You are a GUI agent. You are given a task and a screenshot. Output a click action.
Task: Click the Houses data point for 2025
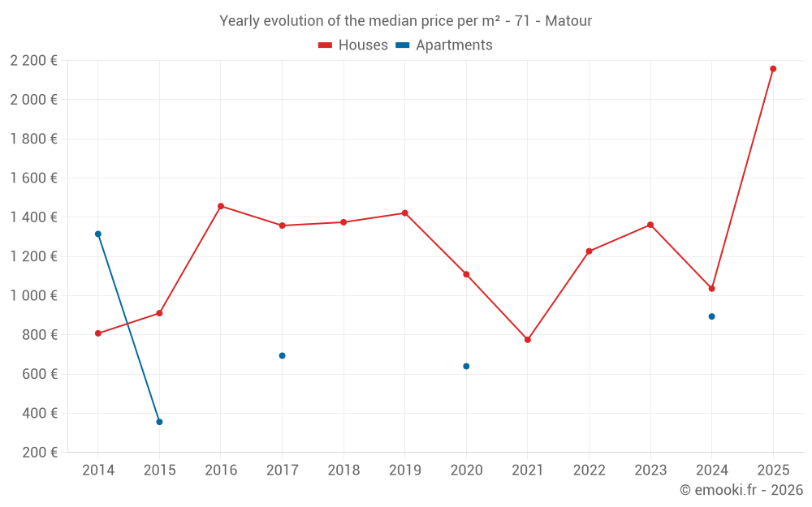[x=773, y=69]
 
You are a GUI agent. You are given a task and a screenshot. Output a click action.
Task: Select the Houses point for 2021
[x=528, y=340]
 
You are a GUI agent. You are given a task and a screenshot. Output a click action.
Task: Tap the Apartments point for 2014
[x=98, y=234]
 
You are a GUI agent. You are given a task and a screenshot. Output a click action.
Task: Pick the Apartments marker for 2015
[x=159, y=422]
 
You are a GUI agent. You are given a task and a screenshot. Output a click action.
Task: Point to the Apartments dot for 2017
[x=283, y=356]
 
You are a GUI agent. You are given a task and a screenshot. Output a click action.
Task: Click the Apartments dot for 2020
[x=466, y=367]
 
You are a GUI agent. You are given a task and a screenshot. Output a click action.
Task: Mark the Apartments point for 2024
[x=712, y=316]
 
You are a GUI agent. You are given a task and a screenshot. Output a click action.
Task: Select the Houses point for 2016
[x=221, y=206]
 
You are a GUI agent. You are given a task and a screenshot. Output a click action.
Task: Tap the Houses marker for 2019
[x=405, y=213]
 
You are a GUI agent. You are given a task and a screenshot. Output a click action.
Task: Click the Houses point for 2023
[x=650, y=225]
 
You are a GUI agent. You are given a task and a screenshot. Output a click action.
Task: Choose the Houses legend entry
[x=353, y=45]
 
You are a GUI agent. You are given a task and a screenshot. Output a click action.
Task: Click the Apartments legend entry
[x=444, y=45]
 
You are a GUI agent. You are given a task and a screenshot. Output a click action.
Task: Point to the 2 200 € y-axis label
[x=33, y=61]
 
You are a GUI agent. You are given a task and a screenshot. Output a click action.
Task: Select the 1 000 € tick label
[x=33, y=296]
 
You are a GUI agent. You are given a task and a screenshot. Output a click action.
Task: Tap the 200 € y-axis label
[x=39, y=453]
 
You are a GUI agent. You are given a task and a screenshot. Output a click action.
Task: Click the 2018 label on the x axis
[x=343, y=470]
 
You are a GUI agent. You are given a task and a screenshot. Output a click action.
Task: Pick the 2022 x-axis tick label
[x=589, y=470]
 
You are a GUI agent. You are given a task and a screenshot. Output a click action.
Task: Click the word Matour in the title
[x=568, y=21]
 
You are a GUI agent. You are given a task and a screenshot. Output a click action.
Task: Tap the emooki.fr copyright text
[x=741, y=490]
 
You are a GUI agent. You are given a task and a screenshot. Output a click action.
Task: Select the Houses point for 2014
[x=98, y=333]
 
